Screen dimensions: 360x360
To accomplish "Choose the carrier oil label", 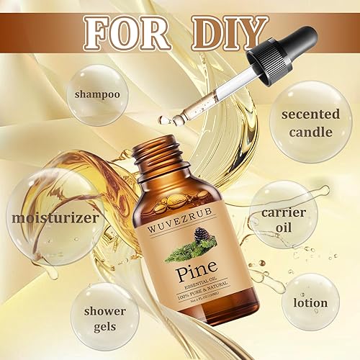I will tap(284, 221).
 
